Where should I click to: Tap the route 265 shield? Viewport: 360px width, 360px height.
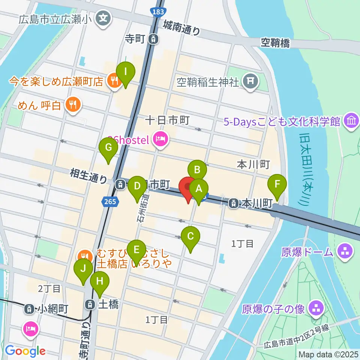tap(111, 202)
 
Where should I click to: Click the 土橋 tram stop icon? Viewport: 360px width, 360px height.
tap(90, 304)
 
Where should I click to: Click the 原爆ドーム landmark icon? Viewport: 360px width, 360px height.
tap(344, 251)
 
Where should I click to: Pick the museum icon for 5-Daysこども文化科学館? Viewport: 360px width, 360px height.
tap(352, 121)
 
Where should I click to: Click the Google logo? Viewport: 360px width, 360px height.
tap(25, 351)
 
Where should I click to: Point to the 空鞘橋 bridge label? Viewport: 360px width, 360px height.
tap(276, 43)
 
